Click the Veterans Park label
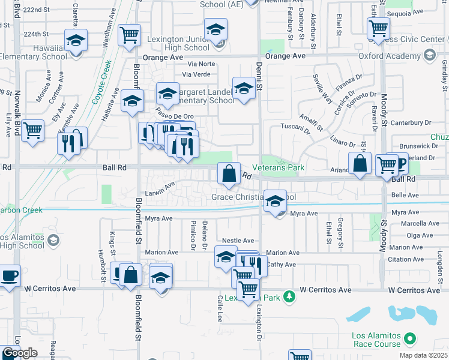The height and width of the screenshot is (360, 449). pyautogui.click(x=278, y=167)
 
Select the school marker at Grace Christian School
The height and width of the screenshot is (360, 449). pyautogui.click(x=275, y=202)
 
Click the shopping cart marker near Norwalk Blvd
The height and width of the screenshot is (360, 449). pyautogui.click(x=32, y=131)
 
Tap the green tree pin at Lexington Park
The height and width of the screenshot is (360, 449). pyautogui.click(x=289, y=297)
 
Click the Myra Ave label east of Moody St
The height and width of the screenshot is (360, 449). pyautogui.click(x=404, y=213)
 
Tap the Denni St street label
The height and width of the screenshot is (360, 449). pyautogui.click(x=259, y=77)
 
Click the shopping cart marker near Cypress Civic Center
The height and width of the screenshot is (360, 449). pyautogui.click(x=378, y=28)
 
